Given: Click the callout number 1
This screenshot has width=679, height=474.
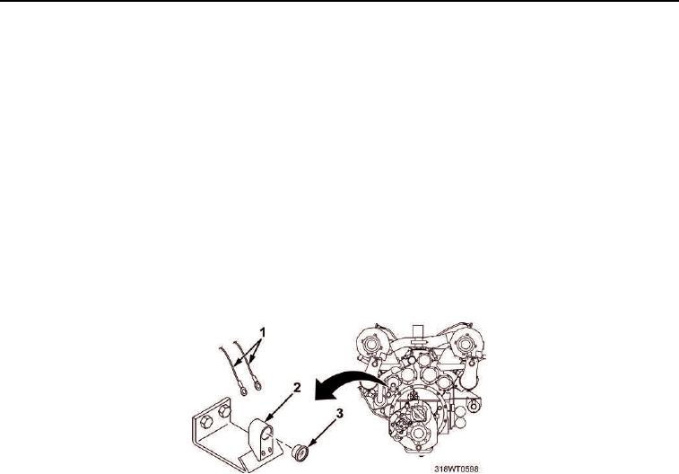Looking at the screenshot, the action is coord(262,332).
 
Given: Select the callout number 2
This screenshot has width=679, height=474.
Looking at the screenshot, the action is coord(297,387).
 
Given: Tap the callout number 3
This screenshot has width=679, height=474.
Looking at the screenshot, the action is coord(339,414).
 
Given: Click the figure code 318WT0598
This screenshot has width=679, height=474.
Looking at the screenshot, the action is coord(457,469).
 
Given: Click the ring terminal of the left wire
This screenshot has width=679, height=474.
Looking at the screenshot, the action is coord(243,391).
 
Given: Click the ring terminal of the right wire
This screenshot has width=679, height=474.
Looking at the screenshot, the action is coord(257,384).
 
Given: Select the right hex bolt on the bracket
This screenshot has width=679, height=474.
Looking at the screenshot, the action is coord(224,410).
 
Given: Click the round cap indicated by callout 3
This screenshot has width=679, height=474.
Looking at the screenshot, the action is coord(300,452).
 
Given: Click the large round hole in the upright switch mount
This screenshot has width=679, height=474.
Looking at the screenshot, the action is coord(266,431).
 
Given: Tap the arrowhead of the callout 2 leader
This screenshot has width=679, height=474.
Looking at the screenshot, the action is coord(267,418).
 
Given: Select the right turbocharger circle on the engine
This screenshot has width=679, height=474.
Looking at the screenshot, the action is coord(465,345).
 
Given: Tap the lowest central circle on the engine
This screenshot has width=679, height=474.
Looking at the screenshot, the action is coord(417,434).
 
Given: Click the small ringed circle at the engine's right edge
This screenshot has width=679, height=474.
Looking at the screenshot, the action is coord(474,406).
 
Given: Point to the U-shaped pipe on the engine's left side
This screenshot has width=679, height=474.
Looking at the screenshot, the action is coord(379,396).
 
